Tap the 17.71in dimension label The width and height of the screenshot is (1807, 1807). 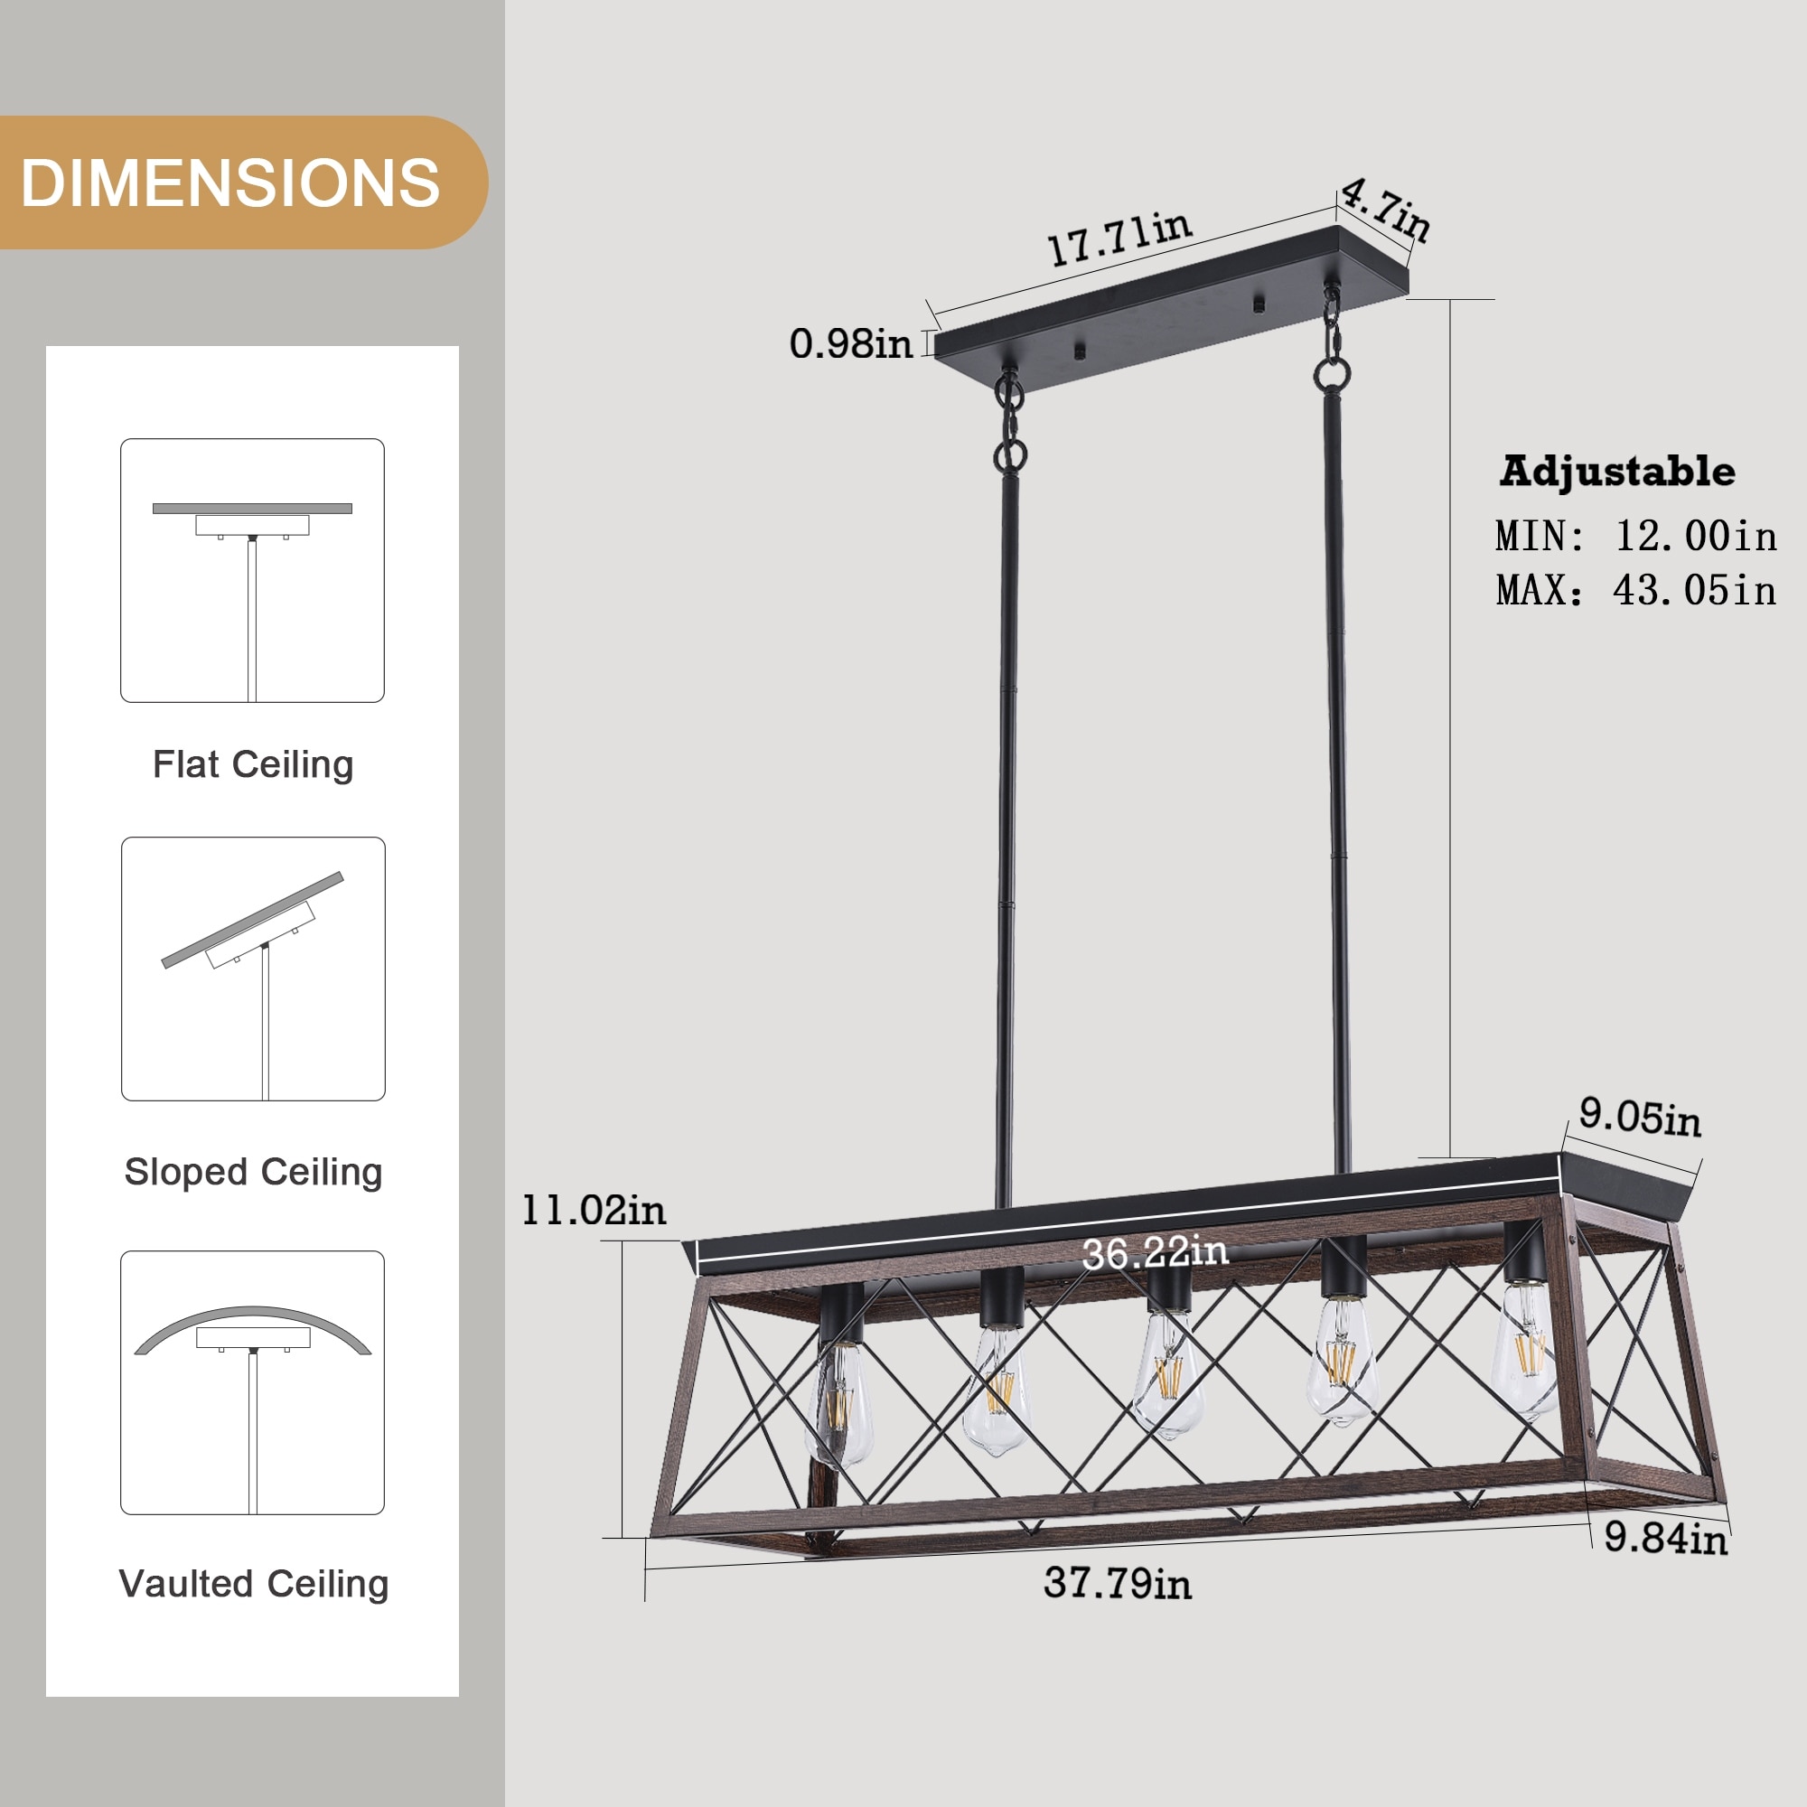pos(1119,238)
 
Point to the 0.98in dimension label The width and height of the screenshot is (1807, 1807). pos(850,343)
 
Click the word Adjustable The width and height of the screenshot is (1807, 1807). pos(1617,471)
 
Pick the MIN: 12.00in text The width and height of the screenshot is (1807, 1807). pos(1636,536)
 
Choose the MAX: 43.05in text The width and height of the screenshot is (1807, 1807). pos(1636,590)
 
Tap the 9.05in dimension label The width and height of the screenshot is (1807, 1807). pos(1641,1117)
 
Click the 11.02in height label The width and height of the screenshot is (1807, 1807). pos(593,1211)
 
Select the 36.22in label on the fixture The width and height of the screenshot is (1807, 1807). pos(1155,1252)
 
